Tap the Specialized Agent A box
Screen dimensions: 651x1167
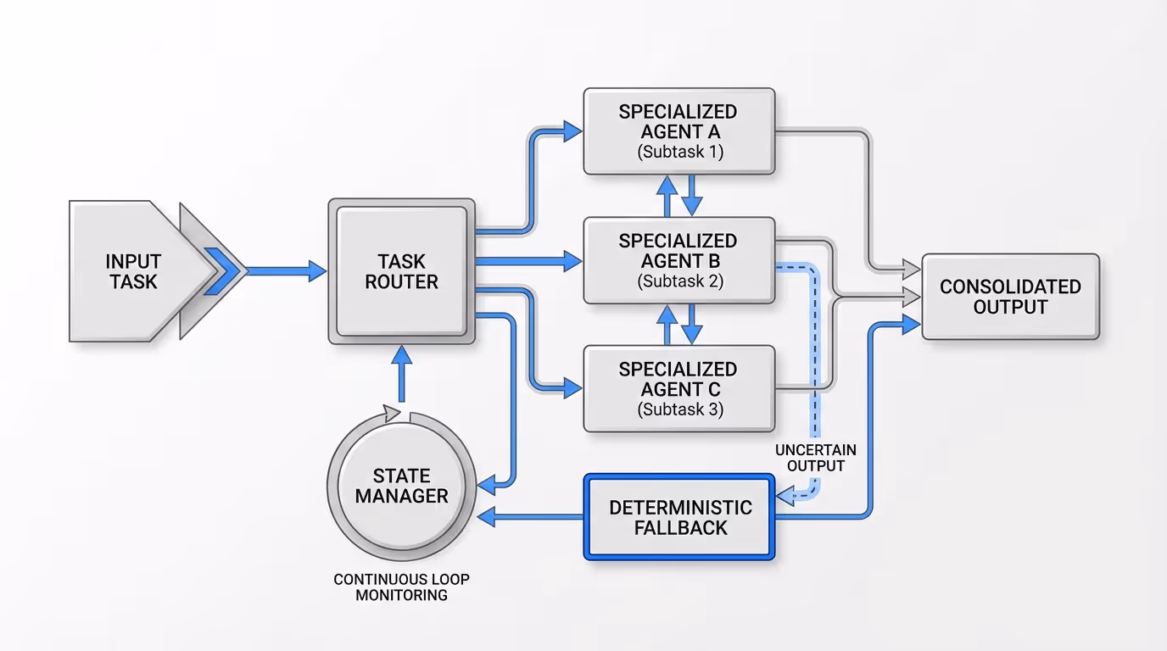tap(678, 131)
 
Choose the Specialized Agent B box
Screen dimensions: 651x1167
tap(678, 260)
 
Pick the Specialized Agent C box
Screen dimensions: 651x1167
tap(678, 388)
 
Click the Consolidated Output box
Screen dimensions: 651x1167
tap(1010, 297)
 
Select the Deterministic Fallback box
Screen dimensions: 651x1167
tap(679, 517)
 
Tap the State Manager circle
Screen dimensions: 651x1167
tap(401, 486)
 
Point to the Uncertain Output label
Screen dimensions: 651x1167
tap(815, 458)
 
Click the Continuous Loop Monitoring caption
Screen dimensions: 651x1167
tap(401, 587)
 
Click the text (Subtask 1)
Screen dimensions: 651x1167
tap(679, 153)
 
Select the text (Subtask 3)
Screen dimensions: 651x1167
tap(679, 410)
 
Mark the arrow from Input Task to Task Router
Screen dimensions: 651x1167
tap(284, 271)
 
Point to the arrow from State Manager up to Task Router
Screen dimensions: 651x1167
tap(401, 377)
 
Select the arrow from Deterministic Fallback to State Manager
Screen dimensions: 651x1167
tap(530, 517)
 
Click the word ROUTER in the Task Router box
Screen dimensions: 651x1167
tap(401, 282)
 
